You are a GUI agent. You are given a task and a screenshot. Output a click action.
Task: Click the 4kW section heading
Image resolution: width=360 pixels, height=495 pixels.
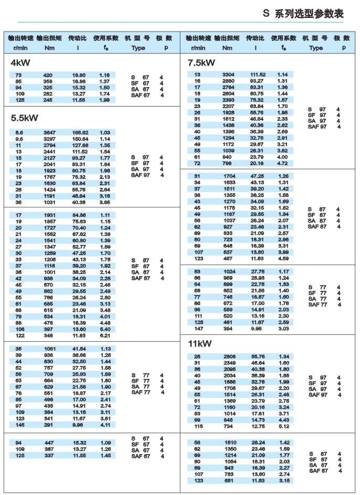click(x=20, y=63)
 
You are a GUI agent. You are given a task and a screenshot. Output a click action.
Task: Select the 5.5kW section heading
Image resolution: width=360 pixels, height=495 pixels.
click(x=24, y=118)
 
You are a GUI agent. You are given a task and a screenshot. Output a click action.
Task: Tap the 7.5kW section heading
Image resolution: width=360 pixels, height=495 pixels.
click(x=202, y=63)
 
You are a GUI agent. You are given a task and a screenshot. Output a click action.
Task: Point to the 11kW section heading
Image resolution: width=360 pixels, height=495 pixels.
click(x=200, y=345)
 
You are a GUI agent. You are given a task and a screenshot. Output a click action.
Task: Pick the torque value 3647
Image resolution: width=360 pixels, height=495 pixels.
click(x=48, y=132)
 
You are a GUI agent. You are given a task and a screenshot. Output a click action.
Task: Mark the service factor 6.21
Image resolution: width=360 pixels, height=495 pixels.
click(x=104, y=335)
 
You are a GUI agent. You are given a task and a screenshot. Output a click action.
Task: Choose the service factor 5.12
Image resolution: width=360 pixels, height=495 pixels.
click(x=283, y=426)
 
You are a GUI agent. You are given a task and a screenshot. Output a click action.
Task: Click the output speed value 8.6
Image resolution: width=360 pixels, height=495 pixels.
click(x=19, y=132)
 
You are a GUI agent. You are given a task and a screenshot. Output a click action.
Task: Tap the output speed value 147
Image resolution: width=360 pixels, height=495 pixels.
click(x=197, y=329)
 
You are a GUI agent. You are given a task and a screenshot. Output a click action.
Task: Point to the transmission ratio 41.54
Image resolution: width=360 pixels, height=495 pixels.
click(x=79, y=349)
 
